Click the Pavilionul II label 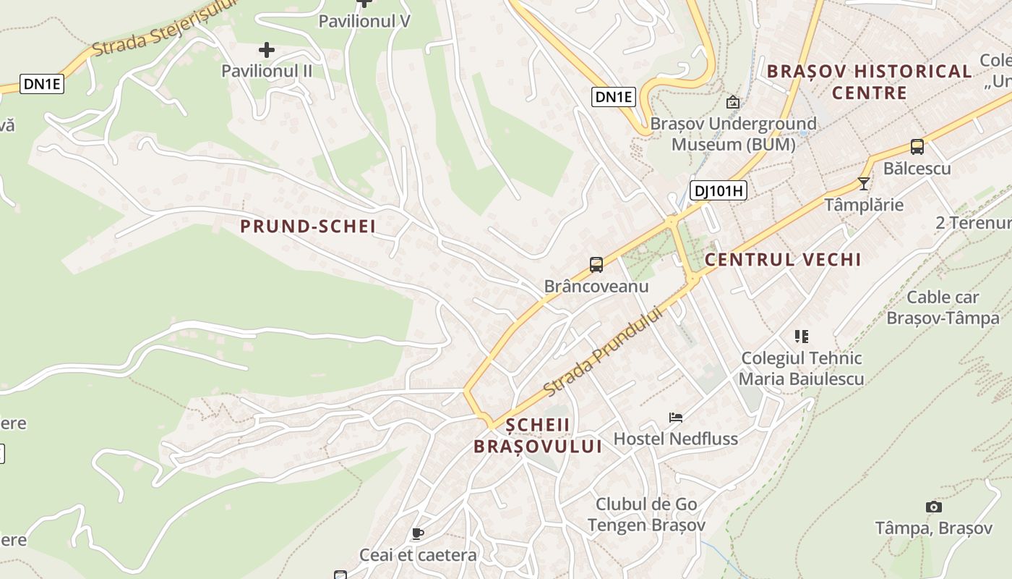click(267, 71)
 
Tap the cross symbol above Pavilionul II click(267, 50)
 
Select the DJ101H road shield click(717, 191)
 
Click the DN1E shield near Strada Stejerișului click(43, 84)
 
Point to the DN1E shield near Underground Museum click(613, 97)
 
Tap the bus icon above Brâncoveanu click(596, 265)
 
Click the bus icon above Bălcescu click(917, 147)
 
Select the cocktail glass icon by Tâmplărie click(863, 183)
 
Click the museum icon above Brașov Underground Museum click(733, 102)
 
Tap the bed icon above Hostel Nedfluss click(676, 417)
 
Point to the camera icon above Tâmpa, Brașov click(933, 507)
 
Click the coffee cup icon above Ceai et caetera click(417, 534)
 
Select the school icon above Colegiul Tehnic click(801, 336)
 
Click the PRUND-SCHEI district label click(308, 227)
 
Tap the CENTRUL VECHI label click(783, 260)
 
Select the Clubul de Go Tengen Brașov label click(646, 515)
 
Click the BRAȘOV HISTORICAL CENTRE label click(869, 82)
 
